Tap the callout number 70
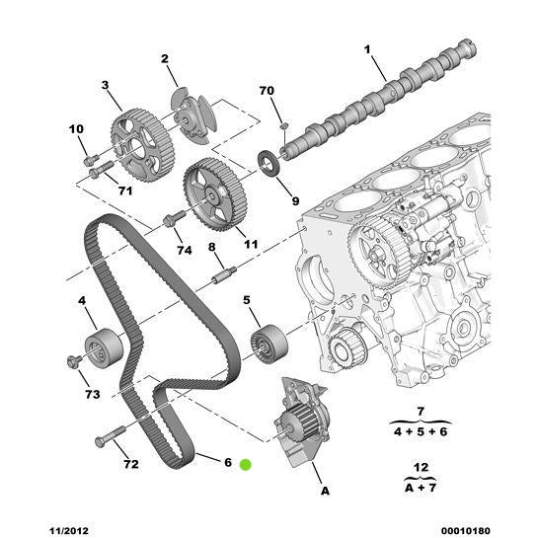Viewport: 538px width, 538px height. click(267, 90)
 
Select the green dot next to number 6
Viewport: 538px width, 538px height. click(246, 463)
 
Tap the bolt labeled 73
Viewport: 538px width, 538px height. click(74, 360)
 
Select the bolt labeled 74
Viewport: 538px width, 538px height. click(174, 221)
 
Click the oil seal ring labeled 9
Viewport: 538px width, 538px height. click(268, 160)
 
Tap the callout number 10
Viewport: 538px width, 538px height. click(76, 129)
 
